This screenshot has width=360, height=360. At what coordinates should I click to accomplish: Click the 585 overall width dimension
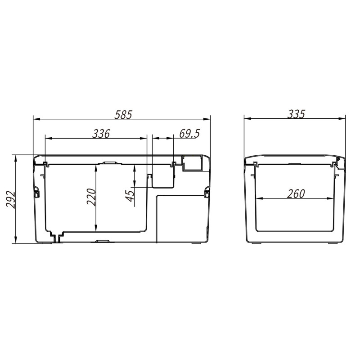pyautogui.click(x=123, y=115)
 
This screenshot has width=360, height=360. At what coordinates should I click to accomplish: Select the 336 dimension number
pyautogui.click(x=101, y=134)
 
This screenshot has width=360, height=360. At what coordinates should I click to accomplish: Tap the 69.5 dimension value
pyautogui.click(x=189, y=134)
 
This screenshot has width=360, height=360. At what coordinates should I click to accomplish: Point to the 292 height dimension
pyautogui.click(x=11, y=199)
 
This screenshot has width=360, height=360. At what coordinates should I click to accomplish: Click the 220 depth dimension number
pyautogui.click(x=91, y=197)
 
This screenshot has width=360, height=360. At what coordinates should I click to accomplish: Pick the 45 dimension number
pyautogui.click(x=130, y=196)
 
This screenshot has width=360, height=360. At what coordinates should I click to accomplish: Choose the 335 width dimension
pyautogui.click(x=296, y=114)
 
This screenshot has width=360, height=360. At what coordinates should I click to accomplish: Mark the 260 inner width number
pyautogui.click(x=296, y=194)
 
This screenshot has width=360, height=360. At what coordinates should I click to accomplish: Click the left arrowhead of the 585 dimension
pyautogui.click(x=37, y=119)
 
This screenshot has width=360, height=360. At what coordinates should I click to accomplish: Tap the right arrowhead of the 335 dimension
pyautogui.click(x=342, y=119)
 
